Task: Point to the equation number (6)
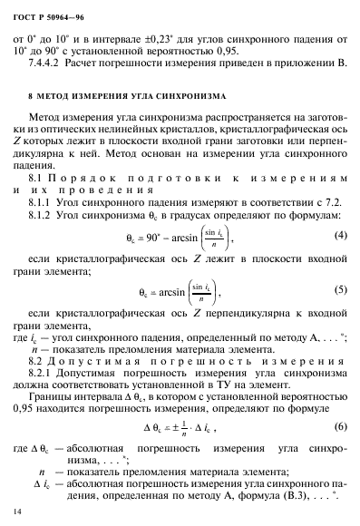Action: (x=340, y=426)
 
